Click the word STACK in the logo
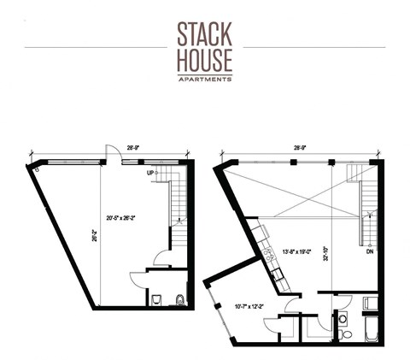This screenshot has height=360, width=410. [205, 33]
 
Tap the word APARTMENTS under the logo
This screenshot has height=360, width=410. [205, 79]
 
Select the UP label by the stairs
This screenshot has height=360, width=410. [152, 173]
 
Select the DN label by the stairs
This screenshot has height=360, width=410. [369, 252]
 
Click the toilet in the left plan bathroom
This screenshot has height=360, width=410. [179, 299]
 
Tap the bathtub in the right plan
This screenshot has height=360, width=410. [373, 330]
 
